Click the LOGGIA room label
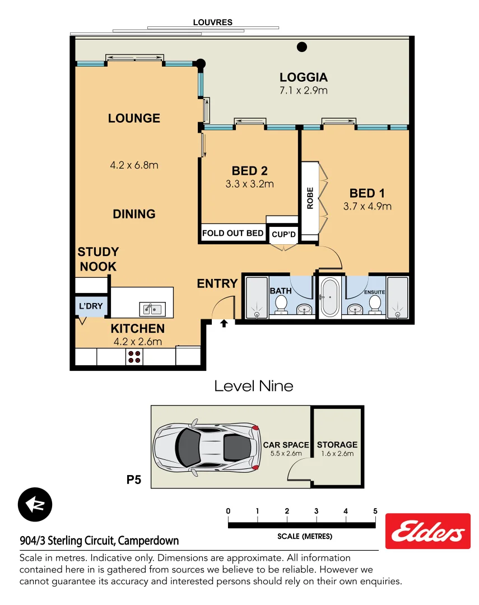tap(304, 78)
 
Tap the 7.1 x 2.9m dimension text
tap(304, 90)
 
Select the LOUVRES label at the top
tap(212, 22)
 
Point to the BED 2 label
tap(249, 171)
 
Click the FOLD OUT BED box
tap(233, 233)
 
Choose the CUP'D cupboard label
tap(283, 234)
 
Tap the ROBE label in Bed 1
tap(310, 198)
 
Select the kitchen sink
tap(152, 308)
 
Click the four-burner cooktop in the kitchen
tap(134, 356)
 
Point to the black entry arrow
tap(224, 323)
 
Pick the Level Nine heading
tap(254, 385)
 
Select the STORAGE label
tap(337, 445)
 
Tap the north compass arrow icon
tap(35, 504)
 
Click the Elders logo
tap(428, 531)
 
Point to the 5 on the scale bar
tap(375, 511)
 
